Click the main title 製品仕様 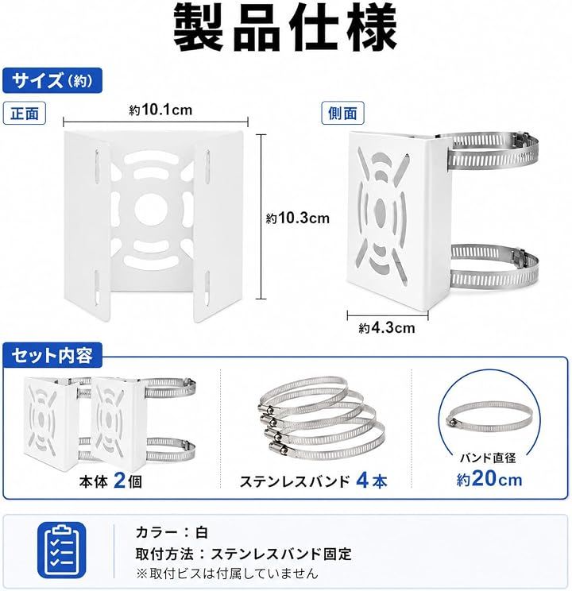pos(285,28)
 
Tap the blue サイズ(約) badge pos(52,80)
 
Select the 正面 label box pos(25,113)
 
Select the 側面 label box pos(342,113)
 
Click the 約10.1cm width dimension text pos(160,110)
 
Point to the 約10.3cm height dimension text pos(297,218)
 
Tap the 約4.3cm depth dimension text pos(387,328)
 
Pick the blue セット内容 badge pos(52,355)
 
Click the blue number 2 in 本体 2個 pos(119,481)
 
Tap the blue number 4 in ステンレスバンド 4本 pos(362,481)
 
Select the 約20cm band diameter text pos(489,479)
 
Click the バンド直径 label pos(488,458)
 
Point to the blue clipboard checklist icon pos(62,550)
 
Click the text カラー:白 pos(172,532)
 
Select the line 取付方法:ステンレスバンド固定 pos(244,554)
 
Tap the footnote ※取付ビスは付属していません pos(227,574)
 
